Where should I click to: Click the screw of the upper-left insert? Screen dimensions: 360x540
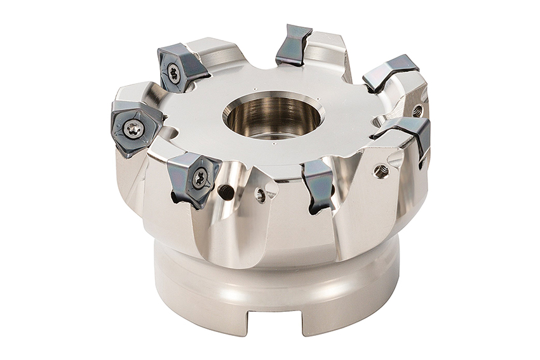coord(173,73)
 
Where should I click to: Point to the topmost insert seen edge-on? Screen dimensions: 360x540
coord(293,44)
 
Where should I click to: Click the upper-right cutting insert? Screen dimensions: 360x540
coord(389,72)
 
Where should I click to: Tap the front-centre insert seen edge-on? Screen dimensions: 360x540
coord(318,185)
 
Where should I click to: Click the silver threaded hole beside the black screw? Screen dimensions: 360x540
coord(260,196)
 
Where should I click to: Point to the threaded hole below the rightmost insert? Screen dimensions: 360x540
coord(381,170)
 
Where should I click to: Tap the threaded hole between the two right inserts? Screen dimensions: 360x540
coord(417,110)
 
